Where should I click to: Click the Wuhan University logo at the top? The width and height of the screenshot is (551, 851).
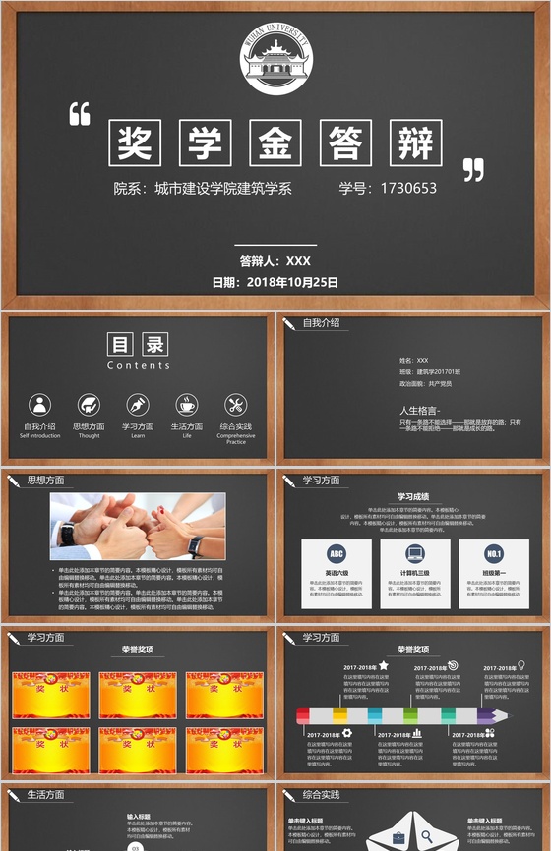275,60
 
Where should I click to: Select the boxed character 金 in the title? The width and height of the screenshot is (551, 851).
275,142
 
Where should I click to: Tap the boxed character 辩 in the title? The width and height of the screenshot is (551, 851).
416,142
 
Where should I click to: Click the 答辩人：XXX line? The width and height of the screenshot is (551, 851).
275,261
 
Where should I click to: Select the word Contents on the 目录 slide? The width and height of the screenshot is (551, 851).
138,365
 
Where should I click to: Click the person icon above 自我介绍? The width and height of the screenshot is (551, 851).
40,404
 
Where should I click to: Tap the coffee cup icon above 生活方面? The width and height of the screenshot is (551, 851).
186,404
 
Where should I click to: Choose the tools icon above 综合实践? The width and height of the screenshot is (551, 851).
235,404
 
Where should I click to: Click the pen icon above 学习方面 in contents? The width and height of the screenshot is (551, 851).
137,404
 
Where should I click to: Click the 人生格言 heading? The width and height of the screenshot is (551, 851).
420,410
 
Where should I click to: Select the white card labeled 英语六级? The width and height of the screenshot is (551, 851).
337,573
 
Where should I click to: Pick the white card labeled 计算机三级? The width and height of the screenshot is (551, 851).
414,573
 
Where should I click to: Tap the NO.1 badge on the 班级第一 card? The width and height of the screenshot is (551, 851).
494,553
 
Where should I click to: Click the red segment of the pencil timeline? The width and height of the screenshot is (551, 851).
305,715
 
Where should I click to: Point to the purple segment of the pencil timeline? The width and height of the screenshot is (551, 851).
486,715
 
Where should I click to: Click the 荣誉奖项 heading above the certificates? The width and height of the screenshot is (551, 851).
138,650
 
